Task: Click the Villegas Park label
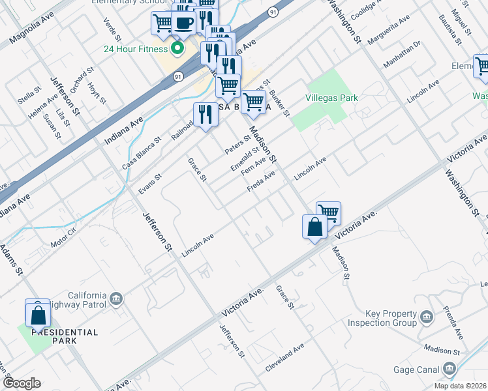coord(331,98)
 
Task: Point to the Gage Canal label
coord(417,369)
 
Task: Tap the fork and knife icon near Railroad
coord(206,114)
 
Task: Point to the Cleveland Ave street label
coord(284,358)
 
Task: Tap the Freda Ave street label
coord(260,182)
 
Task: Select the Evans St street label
coord(150,184)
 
